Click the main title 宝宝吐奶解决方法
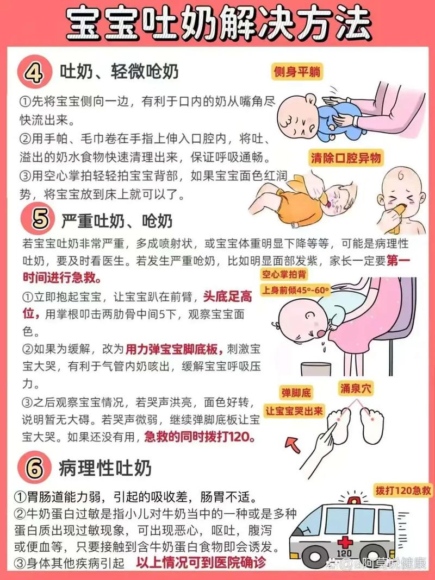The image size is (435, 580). pyautogui.click(x=217, y=24)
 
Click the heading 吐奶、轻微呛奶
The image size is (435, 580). pyautogui.click(x=119, y=71)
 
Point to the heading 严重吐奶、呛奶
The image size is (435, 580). pyautogui.click(x=116, y=220)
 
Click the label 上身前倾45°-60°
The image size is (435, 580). pyautogui.click(x=296, y=289)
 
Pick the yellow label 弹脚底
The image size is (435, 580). pyautogui.click(x=295, y=392)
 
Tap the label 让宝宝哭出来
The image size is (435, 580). pyautogui.click(x=294, y=410)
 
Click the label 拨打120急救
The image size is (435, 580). pyautogui.click(x=403, y=490)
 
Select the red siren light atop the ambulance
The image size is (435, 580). pyautogui.click(x=354, y=500)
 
